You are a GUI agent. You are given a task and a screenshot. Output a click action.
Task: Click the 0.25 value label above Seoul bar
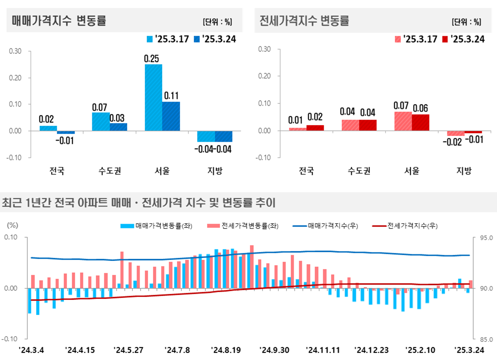coord(152,58)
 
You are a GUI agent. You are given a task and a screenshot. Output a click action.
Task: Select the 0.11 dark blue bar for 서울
coord(171,116)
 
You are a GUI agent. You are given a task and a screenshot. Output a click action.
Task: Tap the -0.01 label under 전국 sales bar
coord(65,141)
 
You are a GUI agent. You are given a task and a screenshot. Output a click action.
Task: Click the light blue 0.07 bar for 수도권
coord(101,121)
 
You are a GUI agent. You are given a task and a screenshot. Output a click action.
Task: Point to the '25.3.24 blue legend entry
coord(215,39)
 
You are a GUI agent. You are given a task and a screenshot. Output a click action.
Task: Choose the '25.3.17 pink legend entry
coord(416,39)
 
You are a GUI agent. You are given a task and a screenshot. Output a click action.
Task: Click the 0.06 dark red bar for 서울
coord(421,122)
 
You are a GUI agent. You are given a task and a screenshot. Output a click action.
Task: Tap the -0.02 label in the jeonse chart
coord(452,142)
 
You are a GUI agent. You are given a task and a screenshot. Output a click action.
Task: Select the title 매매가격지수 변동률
coord(59,21)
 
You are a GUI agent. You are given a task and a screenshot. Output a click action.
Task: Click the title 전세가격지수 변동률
coord(304,21)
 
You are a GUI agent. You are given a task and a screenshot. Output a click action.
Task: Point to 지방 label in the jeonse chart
coord(464,171)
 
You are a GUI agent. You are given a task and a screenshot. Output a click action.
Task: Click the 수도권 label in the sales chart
coord(110,171)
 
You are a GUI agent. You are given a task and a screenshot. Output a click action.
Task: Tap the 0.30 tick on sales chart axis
coord(15,51)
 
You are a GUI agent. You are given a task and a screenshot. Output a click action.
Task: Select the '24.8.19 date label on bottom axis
coord(226,350)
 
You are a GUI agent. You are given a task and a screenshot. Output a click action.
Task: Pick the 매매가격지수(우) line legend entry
coord(325,226)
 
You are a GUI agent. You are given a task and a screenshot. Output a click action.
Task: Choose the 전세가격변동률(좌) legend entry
coord(243,226)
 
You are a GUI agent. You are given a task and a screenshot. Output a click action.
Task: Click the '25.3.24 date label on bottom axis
coord(469,350)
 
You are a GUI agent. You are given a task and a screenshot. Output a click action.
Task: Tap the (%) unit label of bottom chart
coord(12,225)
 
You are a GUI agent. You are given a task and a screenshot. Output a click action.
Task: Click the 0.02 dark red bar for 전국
coord(315,128)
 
